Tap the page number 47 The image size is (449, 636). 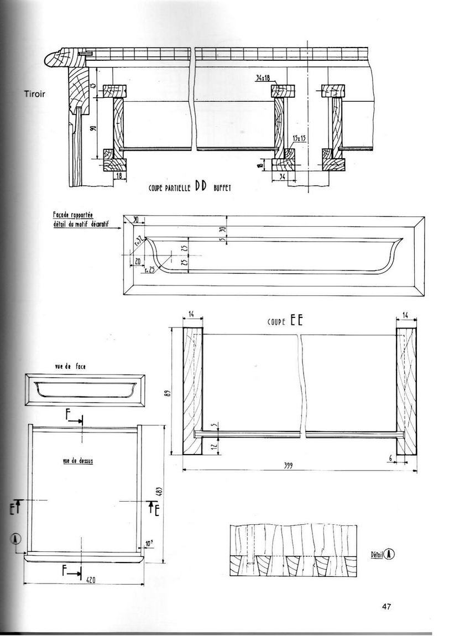(x=387, y=606)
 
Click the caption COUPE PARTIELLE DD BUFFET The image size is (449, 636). (x=189, y=187)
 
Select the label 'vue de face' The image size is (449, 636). (x=70, y=367)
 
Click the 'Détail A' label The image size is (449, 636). (x=382, y=553)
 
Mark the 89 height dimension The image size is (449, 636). (x=174, y=394)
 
